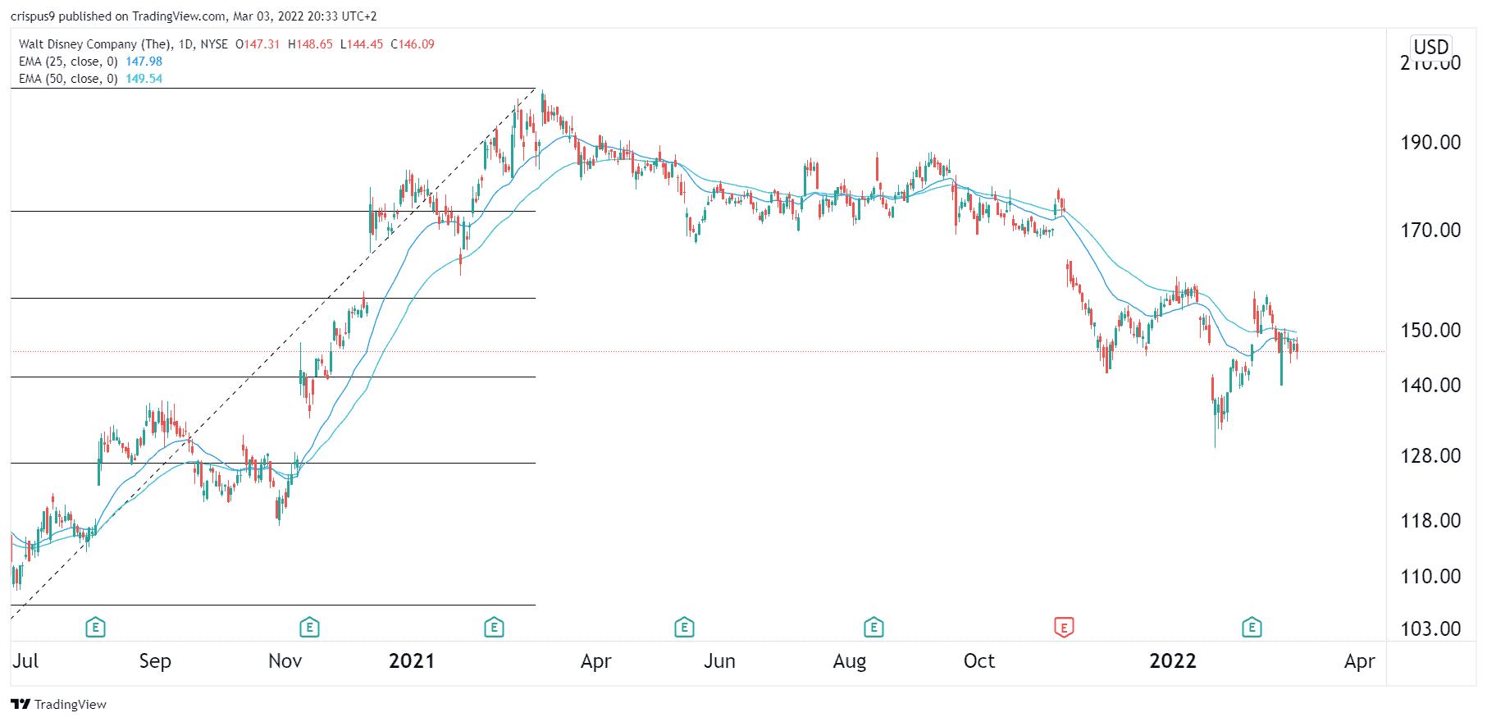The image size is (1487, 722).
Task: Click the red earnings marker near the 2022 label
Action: click(1064, 628)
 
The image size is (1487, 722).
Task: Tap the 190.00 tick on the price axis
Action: click(1430, 143)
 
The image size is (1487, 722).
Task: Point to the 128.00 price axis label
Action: click(1430, 456)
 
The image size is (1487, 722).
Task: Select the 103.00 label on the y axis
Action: click(1430, 629)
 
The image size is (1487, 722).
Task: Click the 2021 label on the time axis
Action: click(411, 661)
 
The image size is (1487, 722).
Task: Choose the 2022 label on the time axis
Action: click(1172, 661)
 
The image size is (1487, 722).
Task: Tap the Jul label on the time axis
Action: click(25, 661)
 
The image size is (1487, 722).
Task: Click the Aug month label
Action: click(849, 661)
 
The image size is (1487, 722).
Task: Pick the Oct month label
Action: click(978, 661)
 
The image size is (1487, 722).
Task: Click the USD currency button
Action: click(1431, 47)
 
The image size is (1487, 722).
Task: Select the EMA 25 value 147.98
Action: click(144, 62)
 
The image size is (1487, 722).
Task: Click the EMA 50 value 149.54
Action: click(144, 79)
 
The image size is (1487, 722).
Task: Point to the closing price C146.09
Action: click(413, 44)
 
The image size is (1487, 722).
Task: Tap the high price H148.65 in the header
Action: click(310, 44)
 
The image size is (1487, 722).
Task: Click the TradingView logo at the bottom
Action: click(58, 704)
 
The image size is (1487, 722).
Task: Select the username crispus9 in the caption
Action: click(32, 16)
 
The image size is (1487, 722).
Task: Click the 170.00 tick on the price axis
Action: click(1430, 231)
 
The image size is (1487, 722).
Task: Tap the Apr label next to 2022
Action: click(1359, 661)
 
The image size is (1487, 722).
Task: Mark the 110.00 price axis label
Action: click(1430, 577)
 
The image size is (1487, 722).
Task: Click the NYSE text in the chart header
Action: click(214, 44)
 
